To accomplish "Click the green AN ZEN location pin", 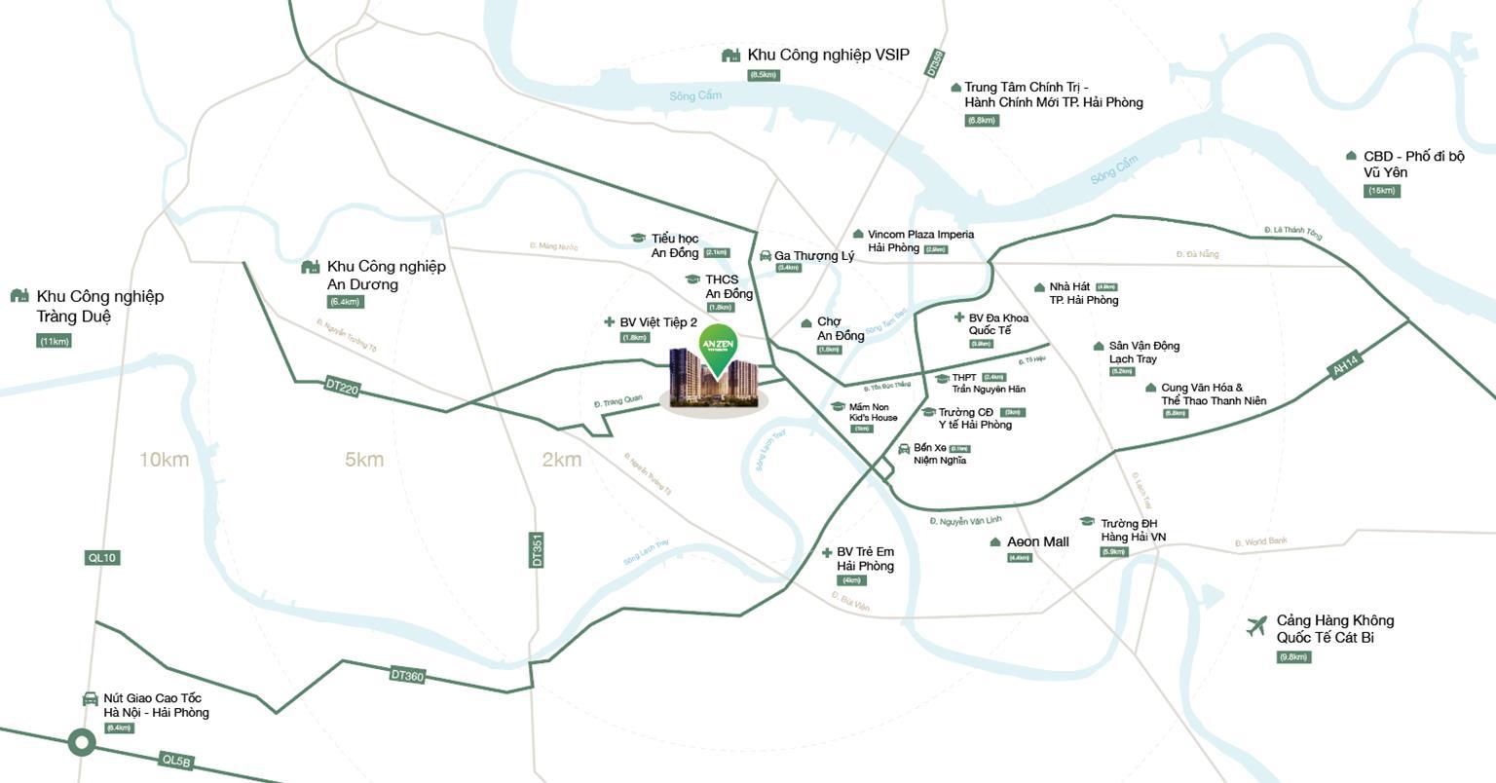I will point(718,349).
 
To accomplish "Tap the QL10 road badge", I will point(101,558).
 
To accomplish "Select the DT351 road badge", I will point(537,550).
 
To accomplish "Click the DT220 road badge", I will point(342,388).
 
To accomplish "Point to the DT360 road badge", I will point(407,675).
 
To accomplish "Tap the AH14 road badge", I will point(1345,367).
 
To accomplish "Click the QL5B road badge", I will point(177,761).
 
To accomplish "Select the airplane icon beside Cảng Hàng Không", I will point(1257,626).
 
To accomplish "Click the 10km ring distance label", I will point(164,460).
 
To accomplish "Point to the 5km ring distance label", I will point(364,460).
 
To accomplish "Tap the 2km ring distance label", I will point(561,460).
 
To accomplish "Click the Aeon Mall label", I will point(1037,541).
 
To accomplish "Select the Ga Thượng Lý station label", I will point(814,256).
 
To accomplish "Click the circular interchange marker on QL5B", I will point(82,744).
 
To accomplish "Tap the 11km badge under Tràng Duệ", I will point(55,341).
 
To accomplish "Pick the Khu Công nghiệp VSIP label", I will point(828,56).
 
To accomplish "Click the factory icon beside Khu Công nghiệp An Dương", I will point(311,267).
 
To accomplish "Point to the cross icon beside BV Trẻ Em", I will point(827,553).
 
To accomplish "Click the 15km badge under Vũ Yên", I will point(1382,191).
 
